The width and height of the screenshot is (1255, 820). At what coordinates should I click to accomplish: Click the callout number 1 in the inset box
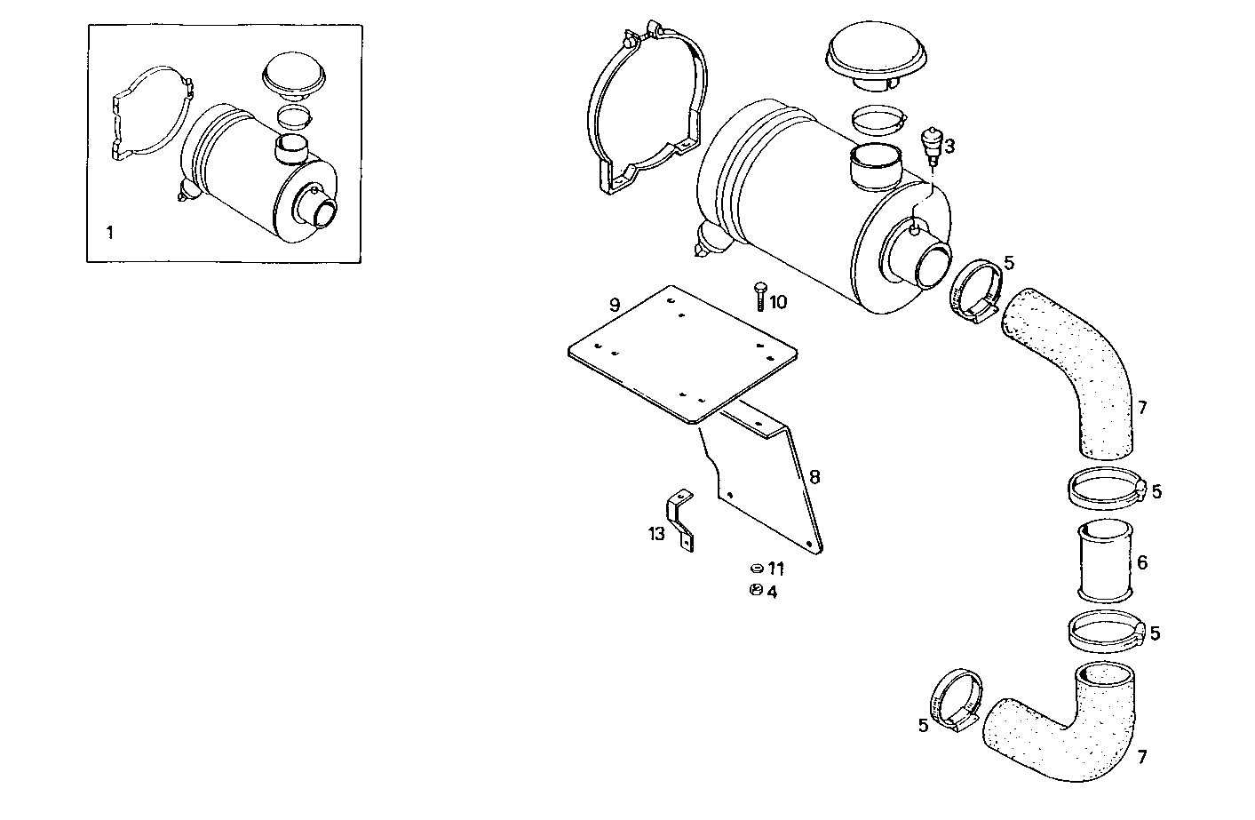tap(109, 234)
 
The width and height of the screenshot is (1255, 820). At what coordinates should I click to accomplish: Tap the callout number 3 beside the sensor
tap(949, 146)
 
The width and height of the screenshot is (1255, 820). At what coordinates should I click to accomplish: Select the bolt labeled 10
tap(759, 296)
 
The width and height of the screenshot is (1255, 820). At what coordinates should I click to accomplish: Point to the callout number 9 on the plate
tap(614, 305)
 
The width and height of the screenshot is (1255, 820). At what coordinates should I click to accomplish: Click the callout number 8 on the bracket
tap(814, 477)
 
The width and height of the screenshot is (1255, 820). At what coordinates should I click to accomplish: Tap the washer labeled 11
tap(755, 568)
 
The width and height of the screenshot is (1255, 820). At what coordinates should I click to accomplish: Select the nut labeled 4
tap(755, 591)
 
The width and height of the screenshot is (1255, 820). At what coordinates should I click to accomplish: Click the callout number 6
tap(1142, 562)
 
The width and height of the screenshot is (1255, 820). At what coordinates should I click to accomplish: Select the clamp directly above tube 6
tap(1102, 487)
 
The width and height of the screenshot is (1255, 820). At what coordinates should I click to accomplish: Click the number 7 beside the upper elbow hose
tap(1142, 408)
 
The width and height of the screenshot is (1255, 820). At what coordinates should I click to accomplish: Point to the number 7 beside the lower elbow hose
tap(1142, 757)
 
